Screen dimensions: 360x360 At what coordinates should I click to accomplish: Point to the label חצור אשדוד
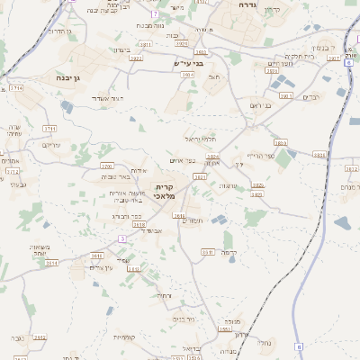pyautogui.click(x=119, y=97)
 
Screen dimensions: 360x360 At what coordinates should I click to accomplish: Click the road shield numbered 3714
pyautogui.click(x=17, y=88)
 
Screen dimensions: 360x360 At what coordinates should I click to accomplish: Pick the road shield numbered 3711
pyautogui.click(x=49, y=129)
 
